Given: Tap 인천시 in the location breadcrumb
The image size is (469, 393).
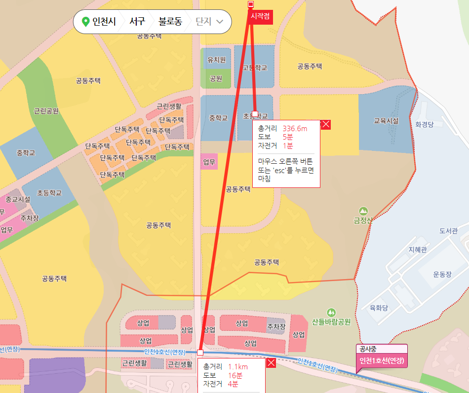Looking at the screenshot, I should tap(104, 22).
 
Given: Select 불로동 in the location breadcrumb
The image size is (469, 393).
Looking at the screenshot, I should tap(170, 22).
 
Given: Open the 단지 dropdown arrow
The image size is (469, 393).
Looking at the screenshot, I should tap(220, 22).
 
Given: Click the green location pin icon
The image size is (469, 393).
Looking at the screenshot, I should tap(85, 22).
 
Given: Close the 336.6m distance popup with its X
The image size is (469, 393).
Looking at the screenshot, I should tap(326, 124).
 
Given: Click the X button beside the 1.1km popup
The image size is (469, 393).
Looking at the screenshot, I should tap(271, 363).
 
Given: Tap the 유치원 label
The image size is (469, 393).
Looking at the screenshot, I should tap(216, 60).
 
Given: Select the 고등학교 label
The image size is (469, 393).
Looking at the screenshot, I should tap(255, 68).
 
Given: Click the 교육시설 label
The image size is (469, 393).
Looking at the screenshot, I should tap(386, 121).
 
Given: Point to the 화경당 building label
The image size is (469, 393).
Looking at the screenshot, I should tap(424, 124).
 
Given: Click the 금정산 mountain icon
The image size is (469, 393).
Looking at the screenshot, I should tap(363, 211).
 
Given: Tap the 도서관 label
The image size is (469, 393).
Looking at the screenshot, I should tap(448, 231).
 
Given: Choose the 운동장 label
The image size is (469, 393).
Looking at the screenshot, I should tap(442, 274).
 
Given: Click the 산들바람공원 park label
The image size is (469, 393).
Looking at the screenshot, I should tap(331, 322).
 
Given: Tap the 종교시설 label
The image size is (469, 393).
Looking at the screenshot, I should tap(18, 199).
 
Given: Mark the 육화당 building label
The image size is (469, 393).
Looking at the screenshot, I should tap(379, 308).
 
